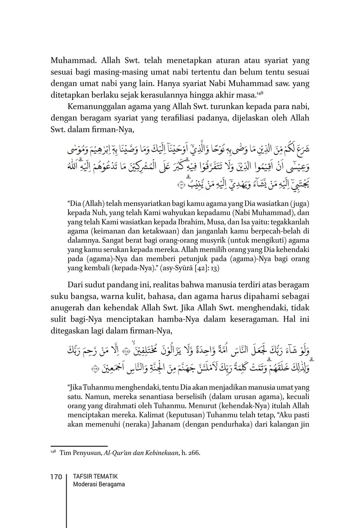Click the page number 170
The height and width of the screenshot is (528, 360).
tap(56, 477)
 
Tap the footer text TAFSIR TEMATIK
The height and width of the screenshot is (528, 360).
tap(95, 476)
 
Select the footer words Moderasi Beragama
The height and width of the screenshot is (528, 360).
tap(99, 484)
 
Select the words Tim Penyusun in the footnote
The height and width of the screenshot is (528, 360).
tap(81, 453)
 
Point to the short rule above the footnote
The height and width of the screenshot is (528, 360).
tap(79, 446)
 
